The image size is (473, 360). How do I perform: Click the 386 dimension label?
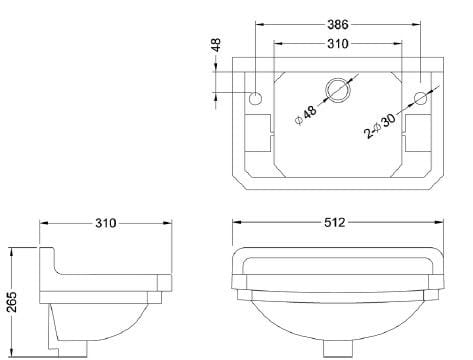coord(338,24)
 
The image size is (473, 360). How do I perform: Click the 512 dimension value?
coord(335,222)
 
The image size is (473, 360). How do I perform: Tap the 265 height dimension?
coord(12,302)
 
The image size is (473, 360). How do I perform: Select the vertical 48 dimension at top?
coord(216,45)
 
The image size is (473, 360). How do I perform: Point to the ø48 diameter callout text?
coord(306,115)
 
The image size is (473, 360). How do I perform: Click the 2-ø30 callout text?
coord(380,126)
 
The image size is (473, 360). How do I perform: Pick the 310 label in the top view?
coord(338,44)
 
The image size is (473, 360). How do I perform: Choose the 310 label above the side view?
coord(106,223)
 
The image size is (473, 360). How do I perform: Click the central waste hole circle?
coord(338,90)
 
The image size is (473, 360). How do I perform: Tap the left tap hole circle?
coord(256,98)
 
